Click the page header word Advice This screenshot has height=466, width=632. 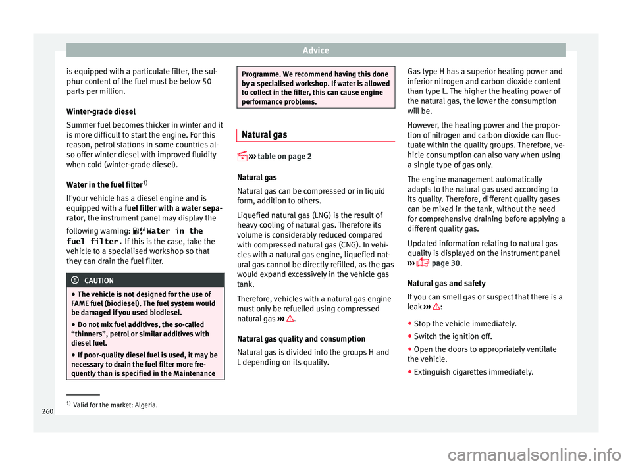point(315,50)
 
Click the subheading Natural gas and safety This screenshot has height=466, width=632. point(447,283)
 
